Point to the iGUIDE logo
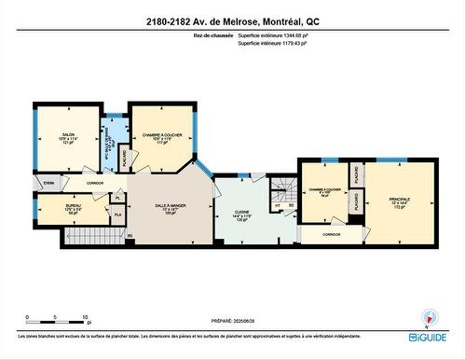click(x=427, y=336)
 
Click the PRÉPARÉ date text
click(x=232, y=319)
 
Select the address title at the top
click(x=232, y=21)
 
